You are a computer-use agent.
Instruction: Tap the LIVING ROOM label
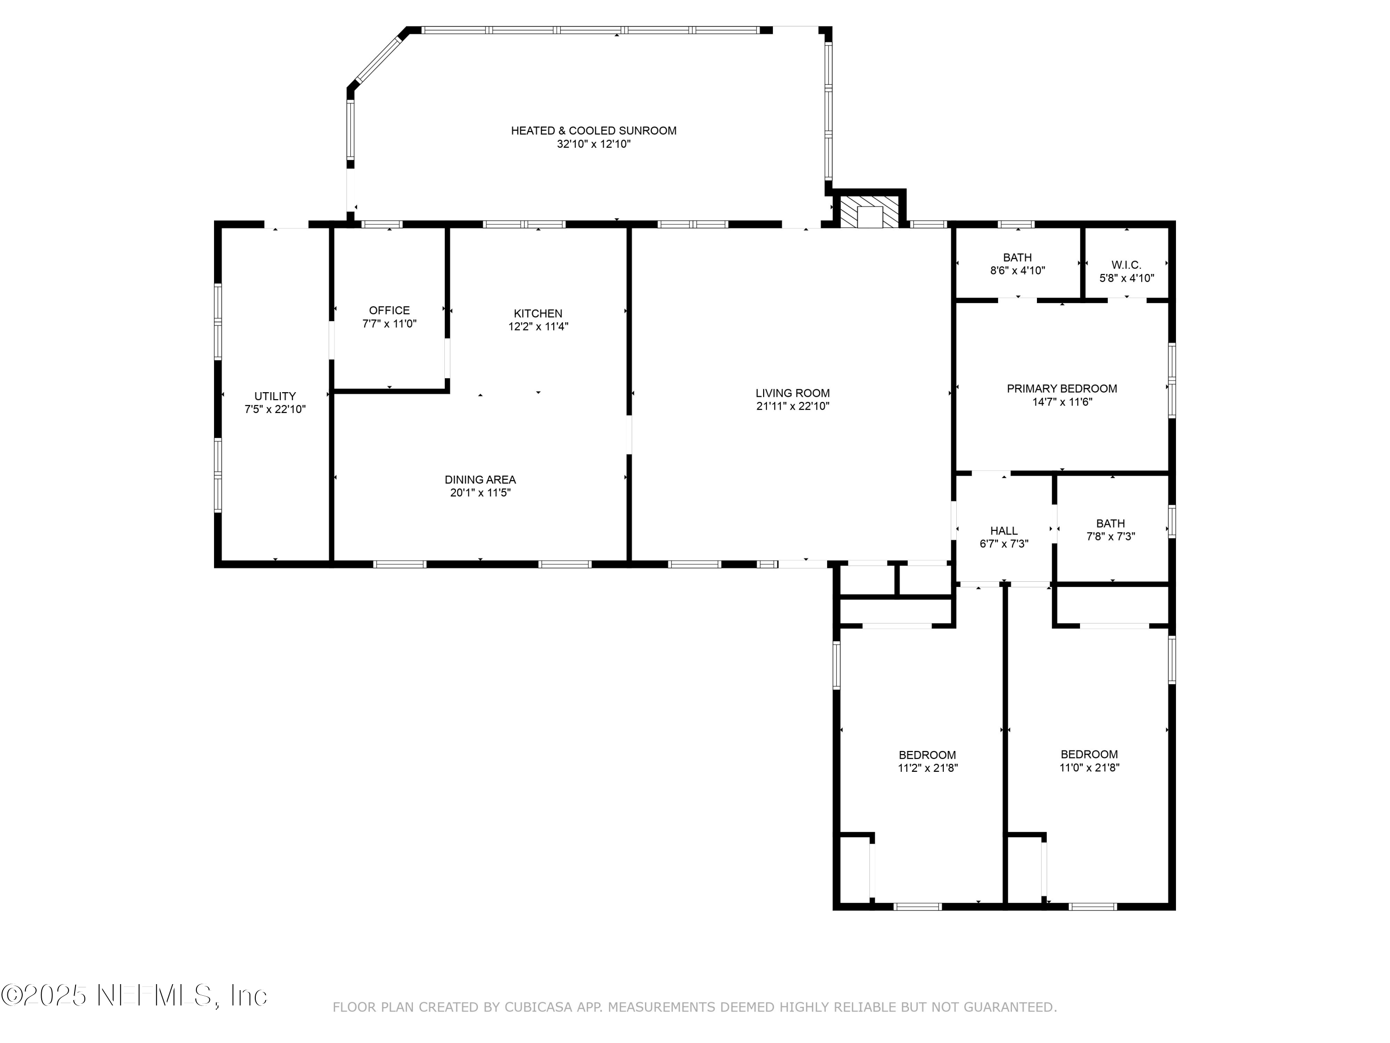[x=792, y=394]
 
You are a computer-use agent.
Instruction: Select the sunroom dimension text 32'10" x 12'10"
[x=593, y=144]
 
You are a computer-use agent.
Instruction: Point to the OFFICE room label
[x=389, y=311]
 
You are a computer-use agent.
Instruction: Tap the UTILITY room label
[x=275, y=396]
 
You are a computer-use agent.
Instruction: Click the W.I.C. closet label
[x=1126, y=265]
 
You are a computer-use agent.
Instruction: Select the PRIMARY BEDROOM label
[x=1062, y=388]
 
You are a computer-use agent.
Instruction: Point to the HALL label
[x=1004, y=531]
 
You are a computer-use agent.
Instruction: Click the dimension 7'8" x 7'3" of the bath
[x=1110, y=537]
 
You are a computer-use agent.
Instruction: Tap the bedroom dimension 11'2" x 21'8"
[x=928, y=768]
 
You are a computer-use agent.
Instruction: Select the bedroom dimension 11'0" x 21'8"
[x=1089, y=767]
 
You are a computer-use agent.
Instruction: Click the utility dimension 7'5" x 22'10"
[x=275, y=409]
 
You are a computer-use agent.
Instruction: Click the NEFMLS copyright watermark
[x=134, y=995]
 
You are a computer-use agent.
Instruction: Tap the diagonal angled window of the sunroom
[x=378, y=59]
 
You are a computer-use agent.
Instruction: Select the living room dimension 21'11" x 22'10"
[x=792, y=407]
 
